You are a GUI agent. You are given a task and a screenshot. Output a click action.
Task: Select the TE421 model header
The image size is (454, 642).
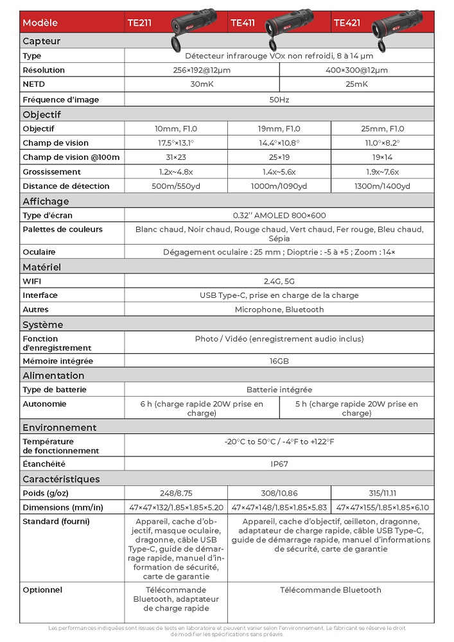click(347, 22)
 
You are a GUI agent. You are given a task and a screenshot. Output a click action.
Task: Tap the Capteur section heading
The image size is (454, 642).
click(42, 41)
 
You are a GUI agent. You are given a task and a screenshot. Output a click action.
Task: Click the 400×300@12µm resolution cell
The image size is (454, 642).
click(356, 70)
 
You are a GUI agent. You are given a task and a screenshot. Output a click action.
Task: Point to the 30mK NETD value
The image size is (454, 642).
click(202, 84)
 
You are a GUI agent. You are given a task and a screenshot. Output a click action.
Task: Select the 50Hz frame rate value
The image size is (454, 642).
click(279, 100)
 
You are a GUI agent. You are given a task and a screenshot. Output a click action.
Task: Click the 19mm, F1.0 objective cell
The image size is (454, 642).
click(279, 129)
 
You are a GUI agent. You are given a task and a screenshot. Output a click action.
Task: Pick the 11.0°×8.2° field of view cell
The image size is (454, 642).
click(383, 143)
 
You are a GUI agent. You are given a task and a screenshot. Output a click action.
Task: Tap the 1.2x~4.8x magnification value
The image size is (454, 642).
click(176, 171)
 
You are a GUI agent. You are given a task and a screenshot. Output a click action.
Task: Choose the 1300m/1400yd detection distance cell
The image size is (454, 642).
click(383, 186)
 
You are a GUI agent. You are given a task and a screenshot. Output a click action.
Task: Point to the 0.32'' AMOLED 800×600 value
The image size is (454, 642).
click(279, 216)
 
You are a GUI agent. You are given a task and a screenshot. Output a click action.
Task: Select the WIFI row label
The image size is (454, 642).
click(31, 281)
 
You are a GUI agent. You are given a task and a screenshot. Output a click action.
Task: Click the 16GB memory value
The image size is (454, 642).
click(279, 361)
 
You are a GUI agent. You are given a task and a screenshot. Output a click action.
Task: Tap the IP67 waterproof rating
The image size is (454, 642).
click(279, 464)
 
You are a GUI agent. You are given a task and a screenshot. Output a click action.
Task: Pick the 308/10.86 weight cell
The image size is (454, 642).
click(279, 492)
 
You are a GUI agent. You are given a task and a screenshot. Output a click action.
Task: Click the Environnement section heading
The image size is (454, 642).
click(60, 428)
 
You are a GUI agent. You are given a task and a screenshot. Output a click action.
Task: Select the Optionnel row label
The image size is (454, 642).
click(42, 590)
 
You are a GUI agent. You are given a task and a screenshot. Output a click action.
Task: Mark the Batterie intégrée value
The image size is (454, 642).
click(279, 390)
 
